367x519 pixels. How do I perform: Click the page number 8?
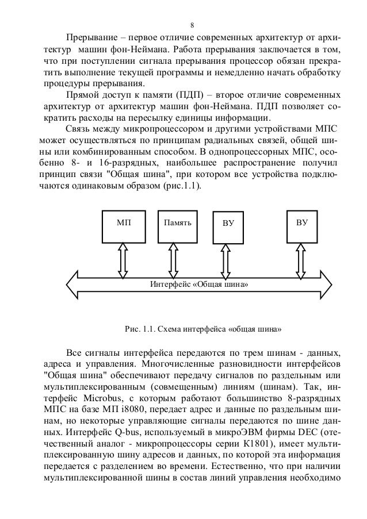point(192,25)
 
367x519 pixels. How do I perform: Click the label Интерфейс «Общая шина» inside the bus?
point(199,284)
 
